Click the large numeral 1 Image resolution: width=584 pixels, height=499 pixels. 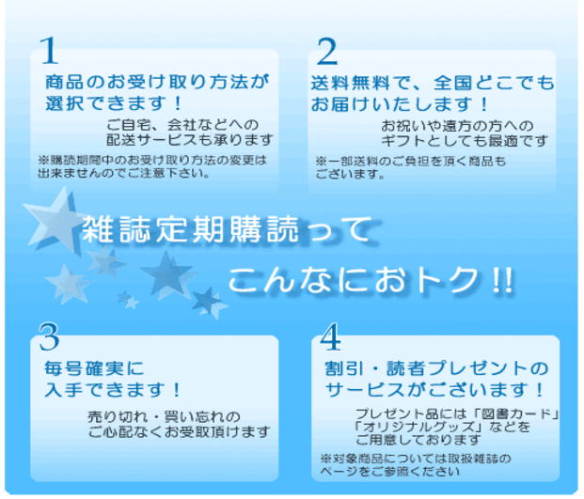pyautogui.click(x=50, y=50)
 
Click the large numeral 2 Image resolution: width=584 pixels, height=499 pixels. pyautogui.click(x=327, y=52)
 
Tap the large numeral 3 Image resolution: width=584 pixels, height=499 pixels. pyautogui.click(x=49, y=336)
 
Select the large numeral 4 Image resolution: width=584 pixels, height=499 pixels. pyautogui.click(x=330, y=336)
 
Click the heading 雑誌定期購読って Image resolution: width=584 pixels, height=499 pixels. pyautogui.click(x=227, y=229)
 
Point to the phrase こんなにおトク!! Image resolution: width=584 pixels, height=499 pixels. pyautogui.click(x=371, y=280)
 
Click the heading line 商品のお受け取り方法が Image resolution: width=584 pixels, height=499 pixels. pyautogui.click(x=157, y=82)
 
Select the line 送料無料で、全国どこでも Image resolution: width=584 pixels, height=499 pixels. pyautogui.click(x=433, y=83)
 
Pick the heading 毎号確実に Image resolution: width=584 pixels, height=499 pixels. pyautogui.click(x=94, y=368)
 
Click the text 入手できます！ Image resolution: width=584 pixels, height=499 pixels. pyautogui.click(x=113, y=390)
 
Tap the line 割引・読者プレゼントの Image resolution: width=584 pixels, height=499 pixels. pyautogui.click(x=436, y=368)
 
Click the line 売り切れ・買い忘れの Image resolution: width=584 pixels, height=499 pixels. pyautogui.click(x=165, y=416)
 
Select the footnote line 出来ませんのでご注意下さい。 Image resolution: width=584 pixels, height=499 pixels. pyautogui.click(x=124, y=173)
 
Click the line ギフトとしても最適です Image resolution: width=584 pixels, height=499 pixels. pyautogui.click(x=464, y=141)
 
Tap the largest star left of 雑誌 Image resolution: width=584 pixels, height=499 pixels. pyautogui.click(x=54, y=221)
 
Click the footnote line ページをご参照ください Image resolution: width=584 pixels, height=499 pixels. pyautogui.click(x=390, y=472)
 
